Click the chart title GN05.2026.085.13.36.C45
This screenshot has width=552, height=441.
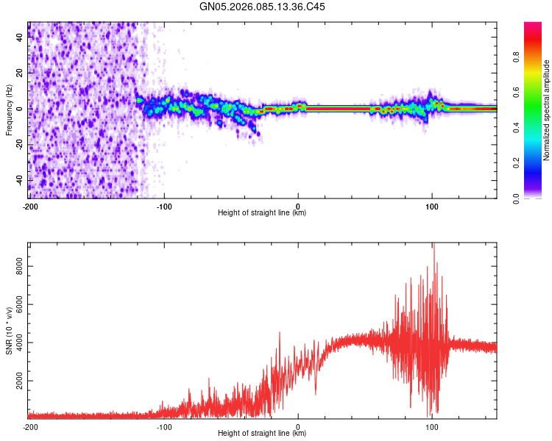tap(262, 7)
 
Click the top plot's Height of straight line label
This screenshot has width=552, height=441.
tap(262, 213)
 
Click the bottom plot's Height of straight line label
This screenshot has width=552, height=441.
tap(262, 434)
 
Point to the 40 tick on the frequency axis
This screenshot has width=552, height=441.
tap(20, 37)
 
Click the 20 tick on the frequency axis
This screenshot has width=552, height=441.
tap(20, 73)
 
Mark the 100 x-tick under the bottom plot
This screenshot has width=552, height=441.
tap(432, 426)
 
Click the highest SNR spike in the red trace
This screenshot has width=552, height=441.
tap(434, 244)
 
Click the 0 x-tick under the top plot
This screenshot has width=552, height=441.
tap(298, 205)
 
